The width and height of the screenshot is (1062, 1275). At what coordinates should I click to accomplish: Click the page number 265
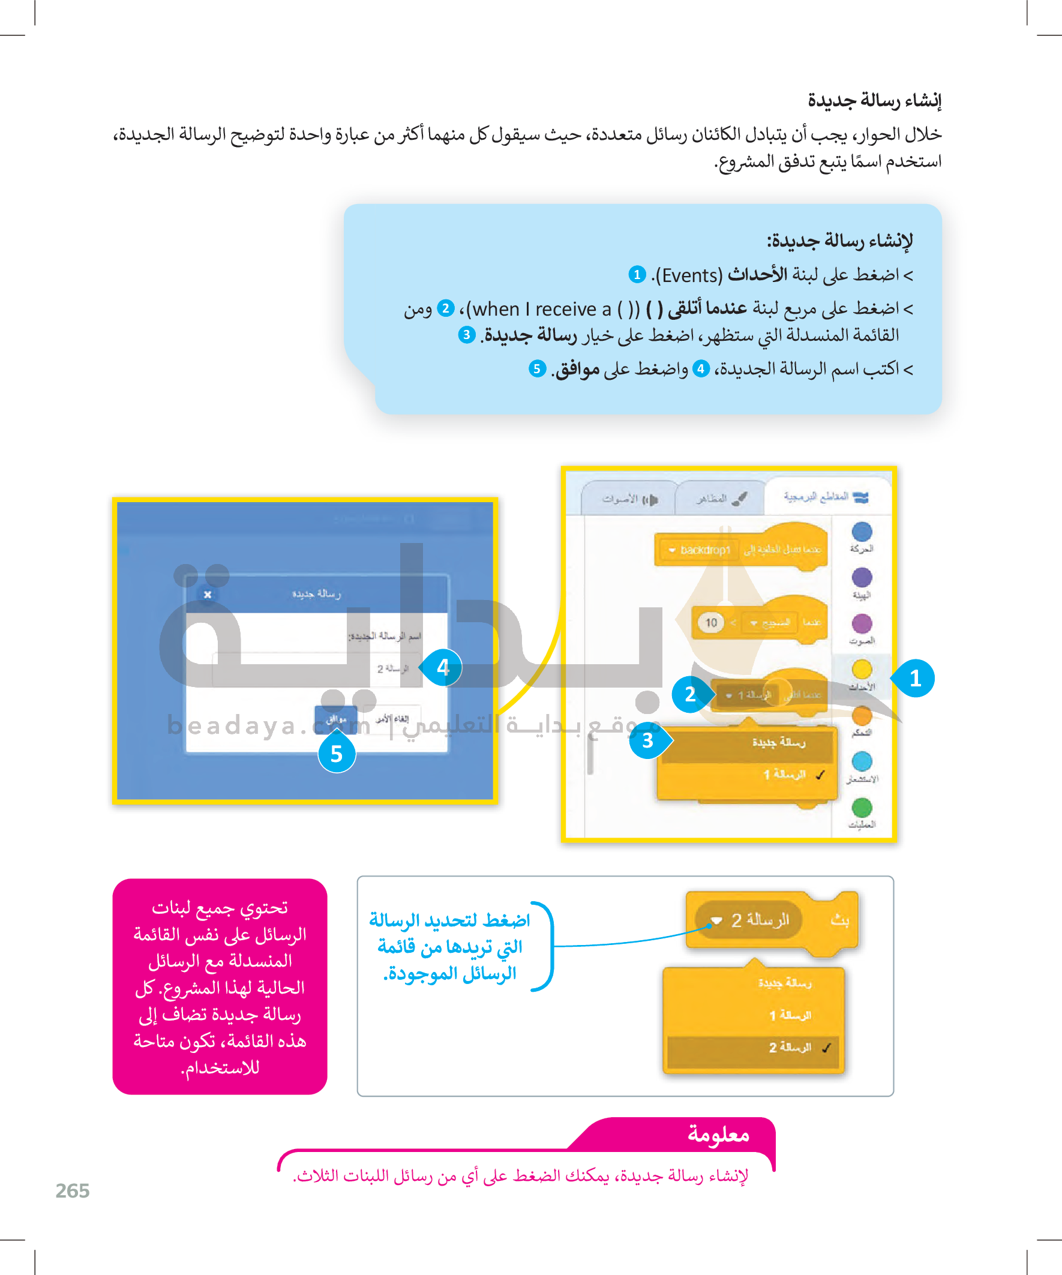tap(72, 1190)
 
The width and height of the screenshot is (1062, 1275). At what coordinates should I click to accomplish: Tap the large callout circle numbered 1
tap(915, 678)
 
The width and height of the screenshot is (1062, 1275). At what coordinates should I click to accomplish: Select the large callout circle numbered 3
tap(648, 740)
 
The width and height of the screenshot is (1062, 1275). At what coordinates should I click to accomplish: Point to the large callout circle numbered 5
tap(337, 754)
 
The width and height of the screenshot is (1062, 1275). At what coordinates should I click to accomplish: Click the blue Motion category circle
tap(862, 532)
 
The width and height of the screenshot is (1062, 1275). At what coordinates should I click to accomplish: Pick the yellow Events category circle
tap(862, 670)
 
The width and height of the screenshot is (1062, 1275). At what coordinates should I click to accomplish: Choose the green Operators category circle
tap(862, 808)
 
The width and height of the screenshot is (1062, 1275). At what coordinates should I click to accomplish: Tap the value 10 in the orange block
tap(711, 622)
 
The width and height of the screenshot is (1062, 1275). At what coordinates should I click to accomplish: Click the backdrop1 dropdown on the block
tap(700, 550)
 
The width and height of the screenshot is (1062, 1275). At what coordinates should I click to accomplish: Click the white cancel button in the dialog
tap(392, 719)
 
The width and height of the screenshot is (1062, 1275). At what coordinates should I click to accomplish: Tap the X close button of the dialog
tap(208, 595)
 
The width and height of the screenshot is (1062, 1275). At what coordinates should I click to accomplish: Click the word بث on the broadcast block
tap(840, 920)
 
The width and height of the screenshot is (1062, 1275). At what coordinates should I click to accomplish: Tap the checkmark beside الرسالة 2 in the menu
tap(826, 1048)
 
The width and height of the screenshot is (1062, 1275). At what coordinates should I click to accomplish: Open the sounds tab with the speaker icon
tap(629, 499)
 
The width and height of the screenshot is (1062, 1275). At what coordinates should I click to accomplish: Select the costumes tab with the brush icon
tap(721, 499)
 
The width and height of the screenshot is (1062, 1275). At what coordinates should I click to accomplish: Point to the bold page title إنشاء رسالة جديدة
tap(874, 100)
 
